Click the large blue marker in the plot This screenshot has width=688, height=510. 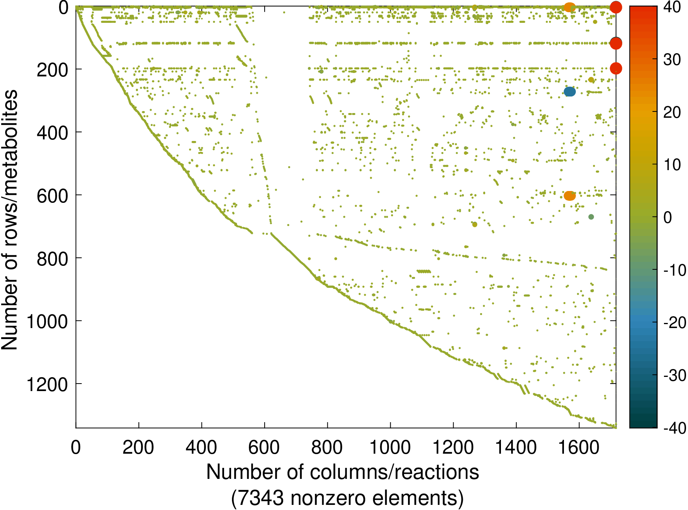point(569,92)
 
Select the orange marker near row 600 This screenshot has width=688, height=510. point(569,196)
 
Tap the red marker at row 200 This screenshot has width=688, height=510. point(616,69)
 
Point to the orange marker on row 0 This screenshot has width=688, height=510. point(569,7)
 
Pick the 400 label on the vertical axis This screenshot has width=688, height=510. point(52,133)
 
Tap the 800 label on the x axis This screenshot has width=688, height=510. point(327,448)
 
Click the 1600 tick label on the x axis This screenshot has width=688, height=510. point(579,448)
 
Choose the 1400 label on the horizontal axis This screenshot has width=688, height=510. point(516,448)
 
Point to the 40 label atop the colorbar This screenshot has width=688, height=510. point(672,7)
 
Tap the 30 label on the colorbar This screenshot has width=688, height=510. point(672,60)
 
